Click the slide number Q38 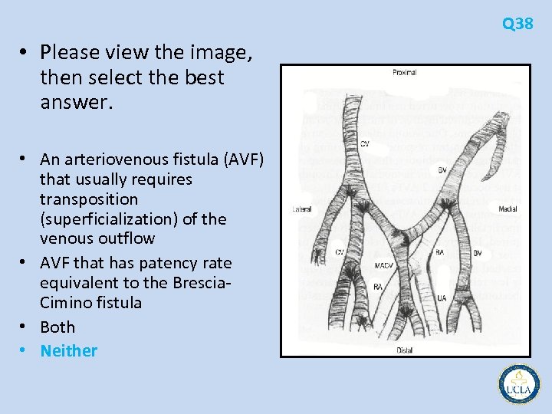coord(517,24)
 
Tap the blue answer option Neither coord(69,351)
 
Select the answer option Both coord(58,327)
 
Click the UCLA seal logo coord(519,383)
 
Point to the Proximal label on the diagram coord(404,73)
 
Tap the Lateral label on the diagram coord(302,209)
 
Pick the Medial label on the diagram coord(507,209)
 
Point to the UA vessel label coord(442,298)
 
